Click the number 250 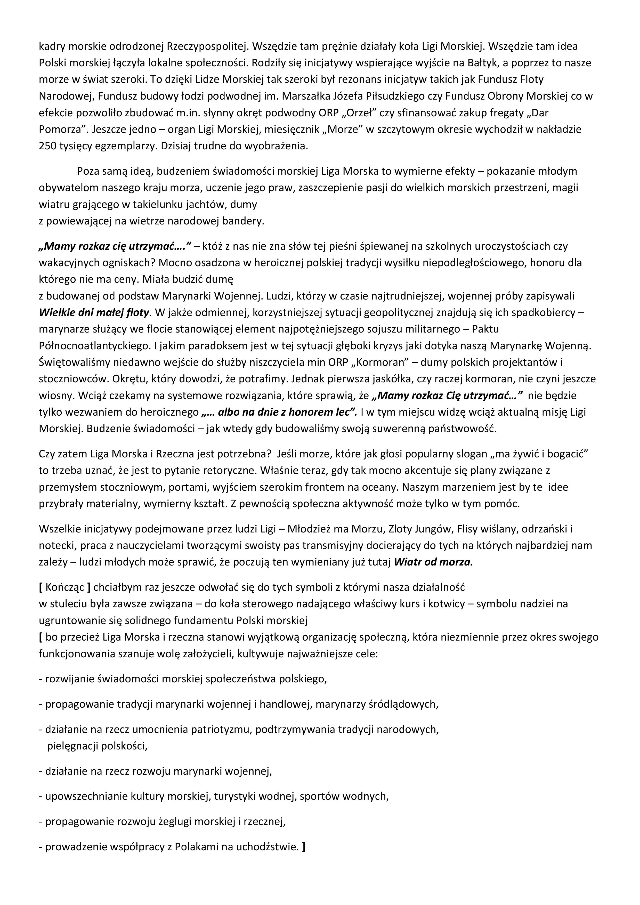point(47,146)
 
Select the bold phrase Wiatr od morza point(433,562)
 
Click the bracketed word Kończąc point(65,587)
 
